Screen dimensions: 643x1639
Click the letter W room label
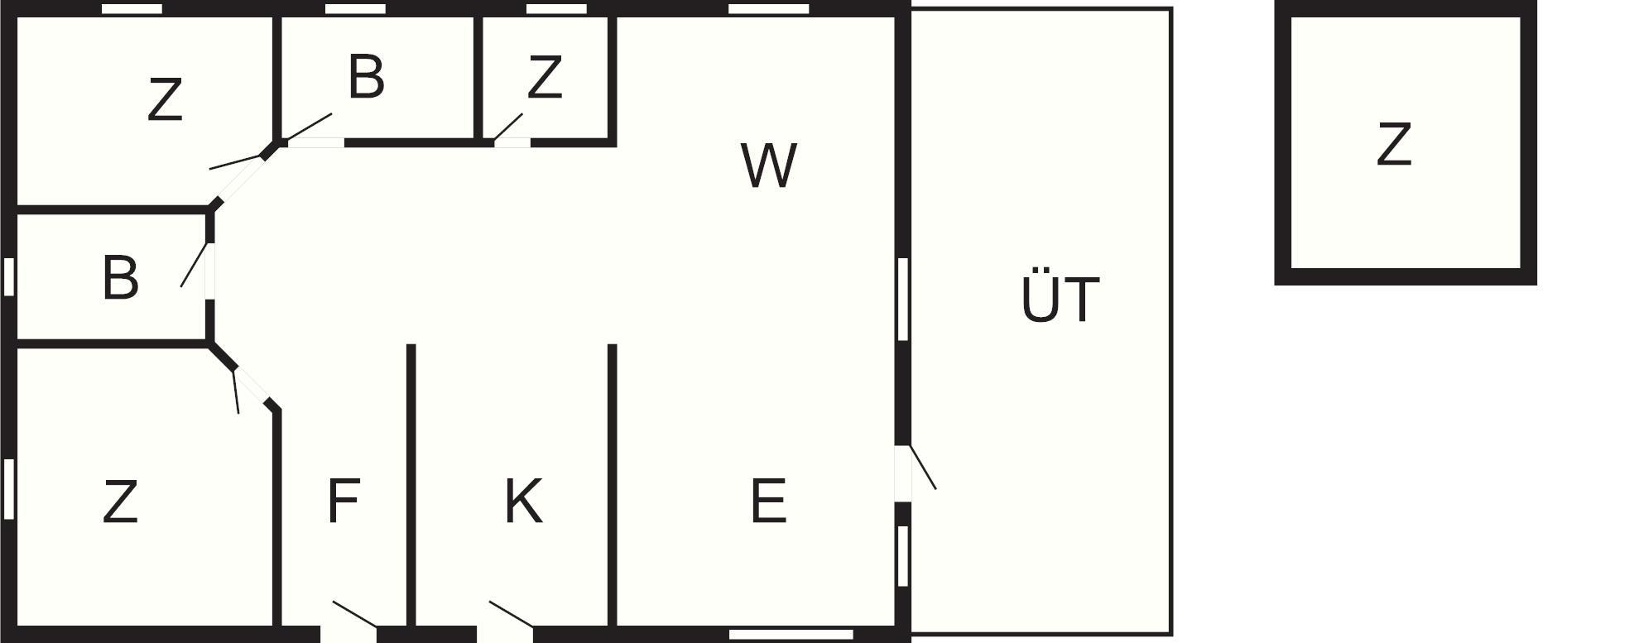pos(769,166)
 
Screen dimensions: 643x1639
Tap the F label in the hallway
pos(343,501)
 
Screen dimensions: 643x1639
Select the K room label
pos(523,501)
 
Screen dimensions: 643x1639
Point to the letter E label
pos(768,501)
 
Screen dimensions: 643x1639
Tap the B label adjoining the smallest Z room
pos(366,77)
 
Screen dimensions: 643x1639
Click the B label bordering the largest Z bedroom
pos(120,278)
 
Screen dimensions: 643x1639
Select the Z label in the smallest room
pos(545,77)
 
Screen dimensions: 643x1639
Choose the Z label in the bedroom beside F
pos(120,502)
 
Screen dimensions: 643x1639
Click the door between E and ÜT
pos(904,473)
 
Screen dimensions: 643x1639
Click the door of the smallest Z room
pos(512,142)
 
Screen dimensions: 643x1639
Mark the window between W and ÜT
pos(903,299)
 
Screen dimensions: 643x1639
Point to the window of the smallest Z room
pos(556,9)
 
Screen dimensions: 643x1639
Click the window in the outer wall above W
pos(768,9)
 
